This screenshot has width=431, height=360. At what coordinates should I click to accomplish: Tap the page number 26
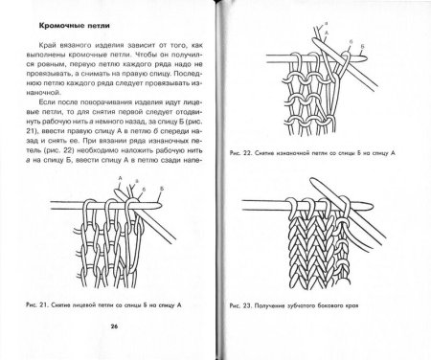[x=113, y=326]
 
